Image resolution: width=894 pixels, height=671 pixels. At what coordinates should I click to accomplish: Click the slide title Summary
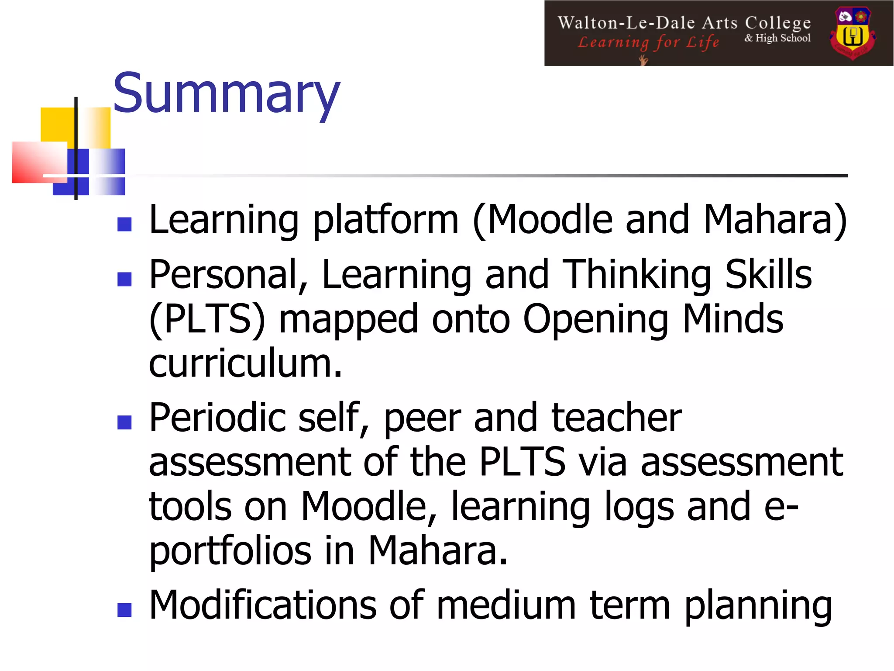[226, 94]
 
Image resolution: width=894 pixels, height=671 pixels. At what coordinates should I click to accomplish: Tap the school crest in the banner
[853, 33]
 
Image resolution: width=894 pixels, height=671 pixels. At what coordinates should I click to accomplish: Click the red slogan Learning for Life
[648, 42]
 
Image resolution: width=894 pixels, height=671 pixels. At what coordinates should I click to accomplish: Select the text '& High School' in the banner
[777, 38]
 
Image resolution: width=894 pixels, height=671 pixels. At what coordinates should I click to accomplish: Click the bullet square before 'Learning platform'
[125, 224]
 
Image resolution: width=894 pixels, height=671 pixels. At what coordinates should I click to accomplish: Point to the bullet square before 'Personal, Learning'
[125, 279]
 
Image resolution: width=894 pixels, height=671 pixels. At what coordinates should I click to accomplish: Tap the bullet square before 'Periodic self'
[125, 422]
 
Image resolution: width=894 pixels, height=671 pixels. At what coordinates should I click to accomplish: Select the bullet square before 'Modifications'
[125, 610]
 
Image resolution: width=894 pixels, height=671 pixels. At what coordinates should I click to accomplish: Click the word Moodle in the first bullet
[549, 219]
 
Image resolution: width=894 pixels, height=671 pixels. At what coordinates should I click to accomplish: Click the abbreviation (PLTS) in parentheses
[207, 319]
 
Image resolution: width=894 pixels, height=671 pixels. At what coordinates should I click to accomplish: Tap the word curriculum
[245, 363]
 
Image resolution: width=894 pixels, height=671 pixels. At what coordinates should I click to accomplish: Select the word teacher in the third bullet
[616, 418]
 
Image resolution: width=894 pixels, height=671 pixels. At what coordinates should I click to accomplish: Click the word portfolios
[230, 551]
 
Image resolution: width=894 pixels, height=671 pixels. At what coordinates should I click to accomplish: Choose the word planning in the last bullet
[758, 606]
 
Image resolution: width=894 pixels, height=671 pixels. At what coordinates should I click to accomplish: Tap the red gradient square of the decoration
[38, 162]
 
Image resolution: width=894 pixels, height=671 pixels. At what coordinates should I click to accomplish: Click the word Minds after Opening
[733, 318]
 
